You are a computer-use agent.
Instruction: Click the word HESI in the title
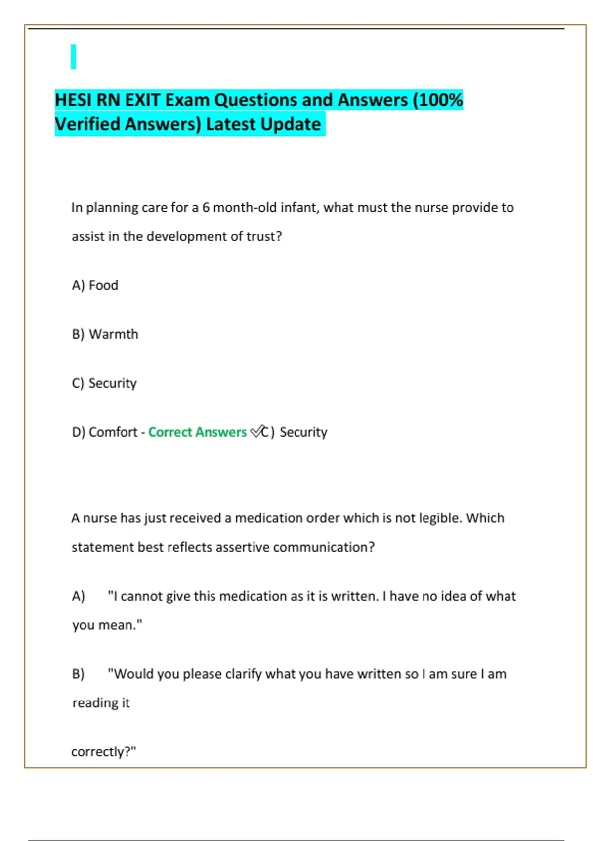(73, 100)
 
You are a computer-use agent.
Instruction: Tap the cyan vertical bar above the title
(73, 56)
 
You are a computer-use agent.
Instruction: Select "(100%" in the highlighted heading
(437, 100)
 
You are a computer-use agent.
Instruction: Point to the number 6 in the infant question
(205, 207)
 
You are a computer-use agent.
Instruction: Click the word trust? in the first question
(264, 236)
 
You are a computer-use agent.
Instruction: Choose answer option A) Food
(95, 285)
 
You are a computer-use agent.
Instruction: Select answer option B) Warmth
(105, 334)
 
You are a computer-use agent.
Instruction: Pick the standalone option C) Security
(104, 383)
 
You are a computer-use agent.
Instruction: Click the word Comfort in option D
(113, 432)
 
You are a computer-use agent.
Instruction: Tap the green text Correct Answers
(197, 432)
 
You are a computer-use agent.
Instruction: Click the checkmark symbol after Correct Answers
(256, 432)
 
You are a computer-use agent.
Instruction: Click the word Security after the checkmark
(303, 432)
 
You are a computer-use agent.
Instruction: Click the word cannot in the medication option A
(141, 596)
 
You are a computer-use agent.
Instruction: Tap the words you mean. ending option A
(107, 625)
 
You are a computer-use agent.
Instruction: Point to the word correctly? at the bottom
(103, 752)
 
